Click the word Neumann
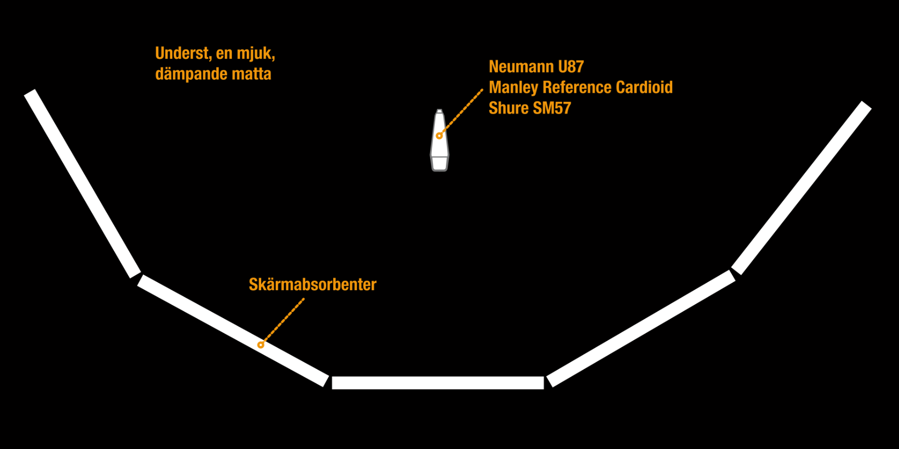(x=521, y=67)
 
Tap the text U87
(x=571, y=67)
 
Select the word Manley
(x=513, y=87)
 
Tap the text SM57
(x=552, y=108)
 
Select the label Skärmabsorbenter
(x=312, y=285)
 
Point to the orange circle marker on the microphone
(x=440, y=136)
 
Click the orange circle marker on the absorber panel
(x=261, y=345)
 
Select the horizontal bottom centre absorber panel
(x=438, y=383)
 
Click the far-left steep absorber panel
(x=83, y=184)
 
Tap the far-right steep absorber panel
(x=801, y=188)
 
